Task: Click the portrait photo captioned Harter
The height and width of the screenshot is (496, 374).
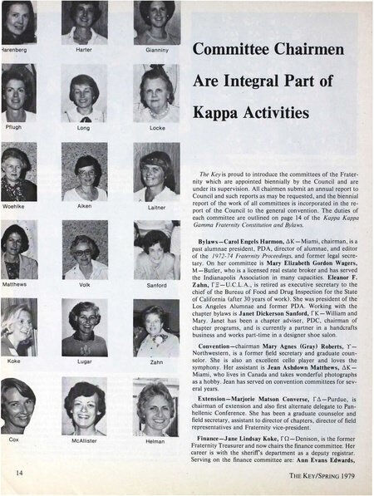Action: [85, 22]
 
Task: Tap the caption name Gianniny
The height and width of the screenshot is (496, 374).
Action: [158, 52]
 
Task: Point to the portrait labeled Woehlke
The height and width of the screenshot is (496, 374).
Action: [17, 173]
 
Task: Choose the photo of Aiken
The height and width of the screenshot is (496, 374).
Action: [85, 173]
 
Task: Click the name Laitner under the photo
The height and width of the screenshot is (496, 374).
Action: [158, 207]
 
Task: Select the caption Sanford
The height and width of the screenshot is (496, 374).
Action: [158, 284]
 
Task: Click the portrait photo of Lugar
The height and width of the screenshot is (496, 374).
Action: [85, 329]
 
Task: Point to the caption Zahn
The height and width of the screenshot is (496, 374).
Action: [158, 362]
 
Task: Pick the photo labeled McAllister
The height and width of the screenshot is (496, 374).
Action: [85, 407]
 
